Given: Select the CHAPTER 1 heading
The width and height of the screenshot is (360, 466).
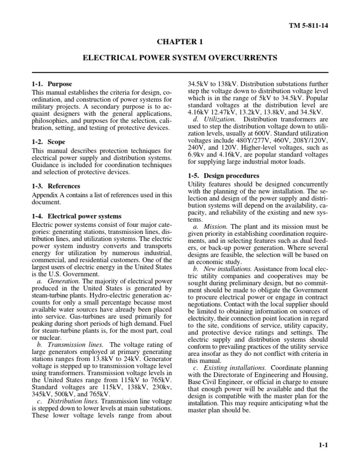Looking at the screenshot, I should pos(180,42).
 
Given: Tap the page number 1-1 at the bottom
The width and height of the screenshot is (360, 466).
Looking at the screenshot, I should pos(322,447).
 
